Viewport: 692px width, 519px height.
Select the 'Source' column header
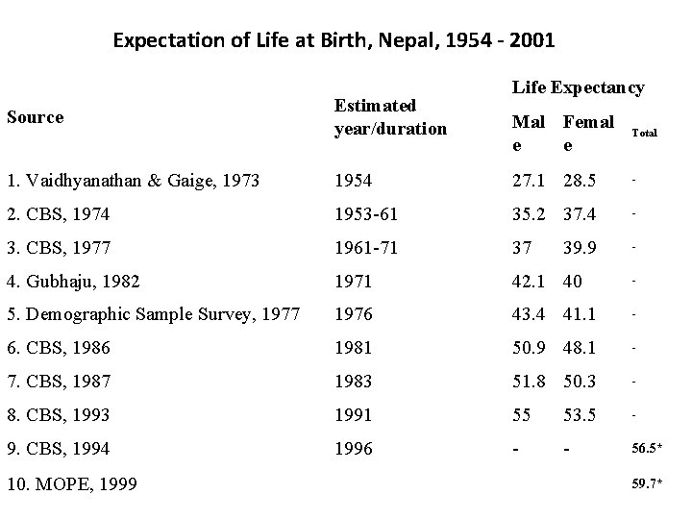click(x=35, y=117)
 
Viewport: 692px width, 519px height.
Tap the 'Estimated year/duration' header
click(x=389, y=117)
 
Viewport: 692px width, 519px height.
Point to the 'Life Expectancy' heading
click(x=579, y=87)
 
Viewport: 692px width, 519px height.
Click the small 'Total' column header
click(x=643, y=134)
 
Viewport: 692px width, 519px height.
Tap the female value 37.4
click(x=580, y=213)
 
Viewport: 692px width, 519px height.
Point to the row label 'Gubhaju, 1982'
click(x=73, y=283)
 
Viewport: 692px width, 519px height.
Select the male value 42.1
click(x=530, y=283)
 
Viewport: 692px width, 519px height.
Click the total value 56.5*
click(x=646, y=449)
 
